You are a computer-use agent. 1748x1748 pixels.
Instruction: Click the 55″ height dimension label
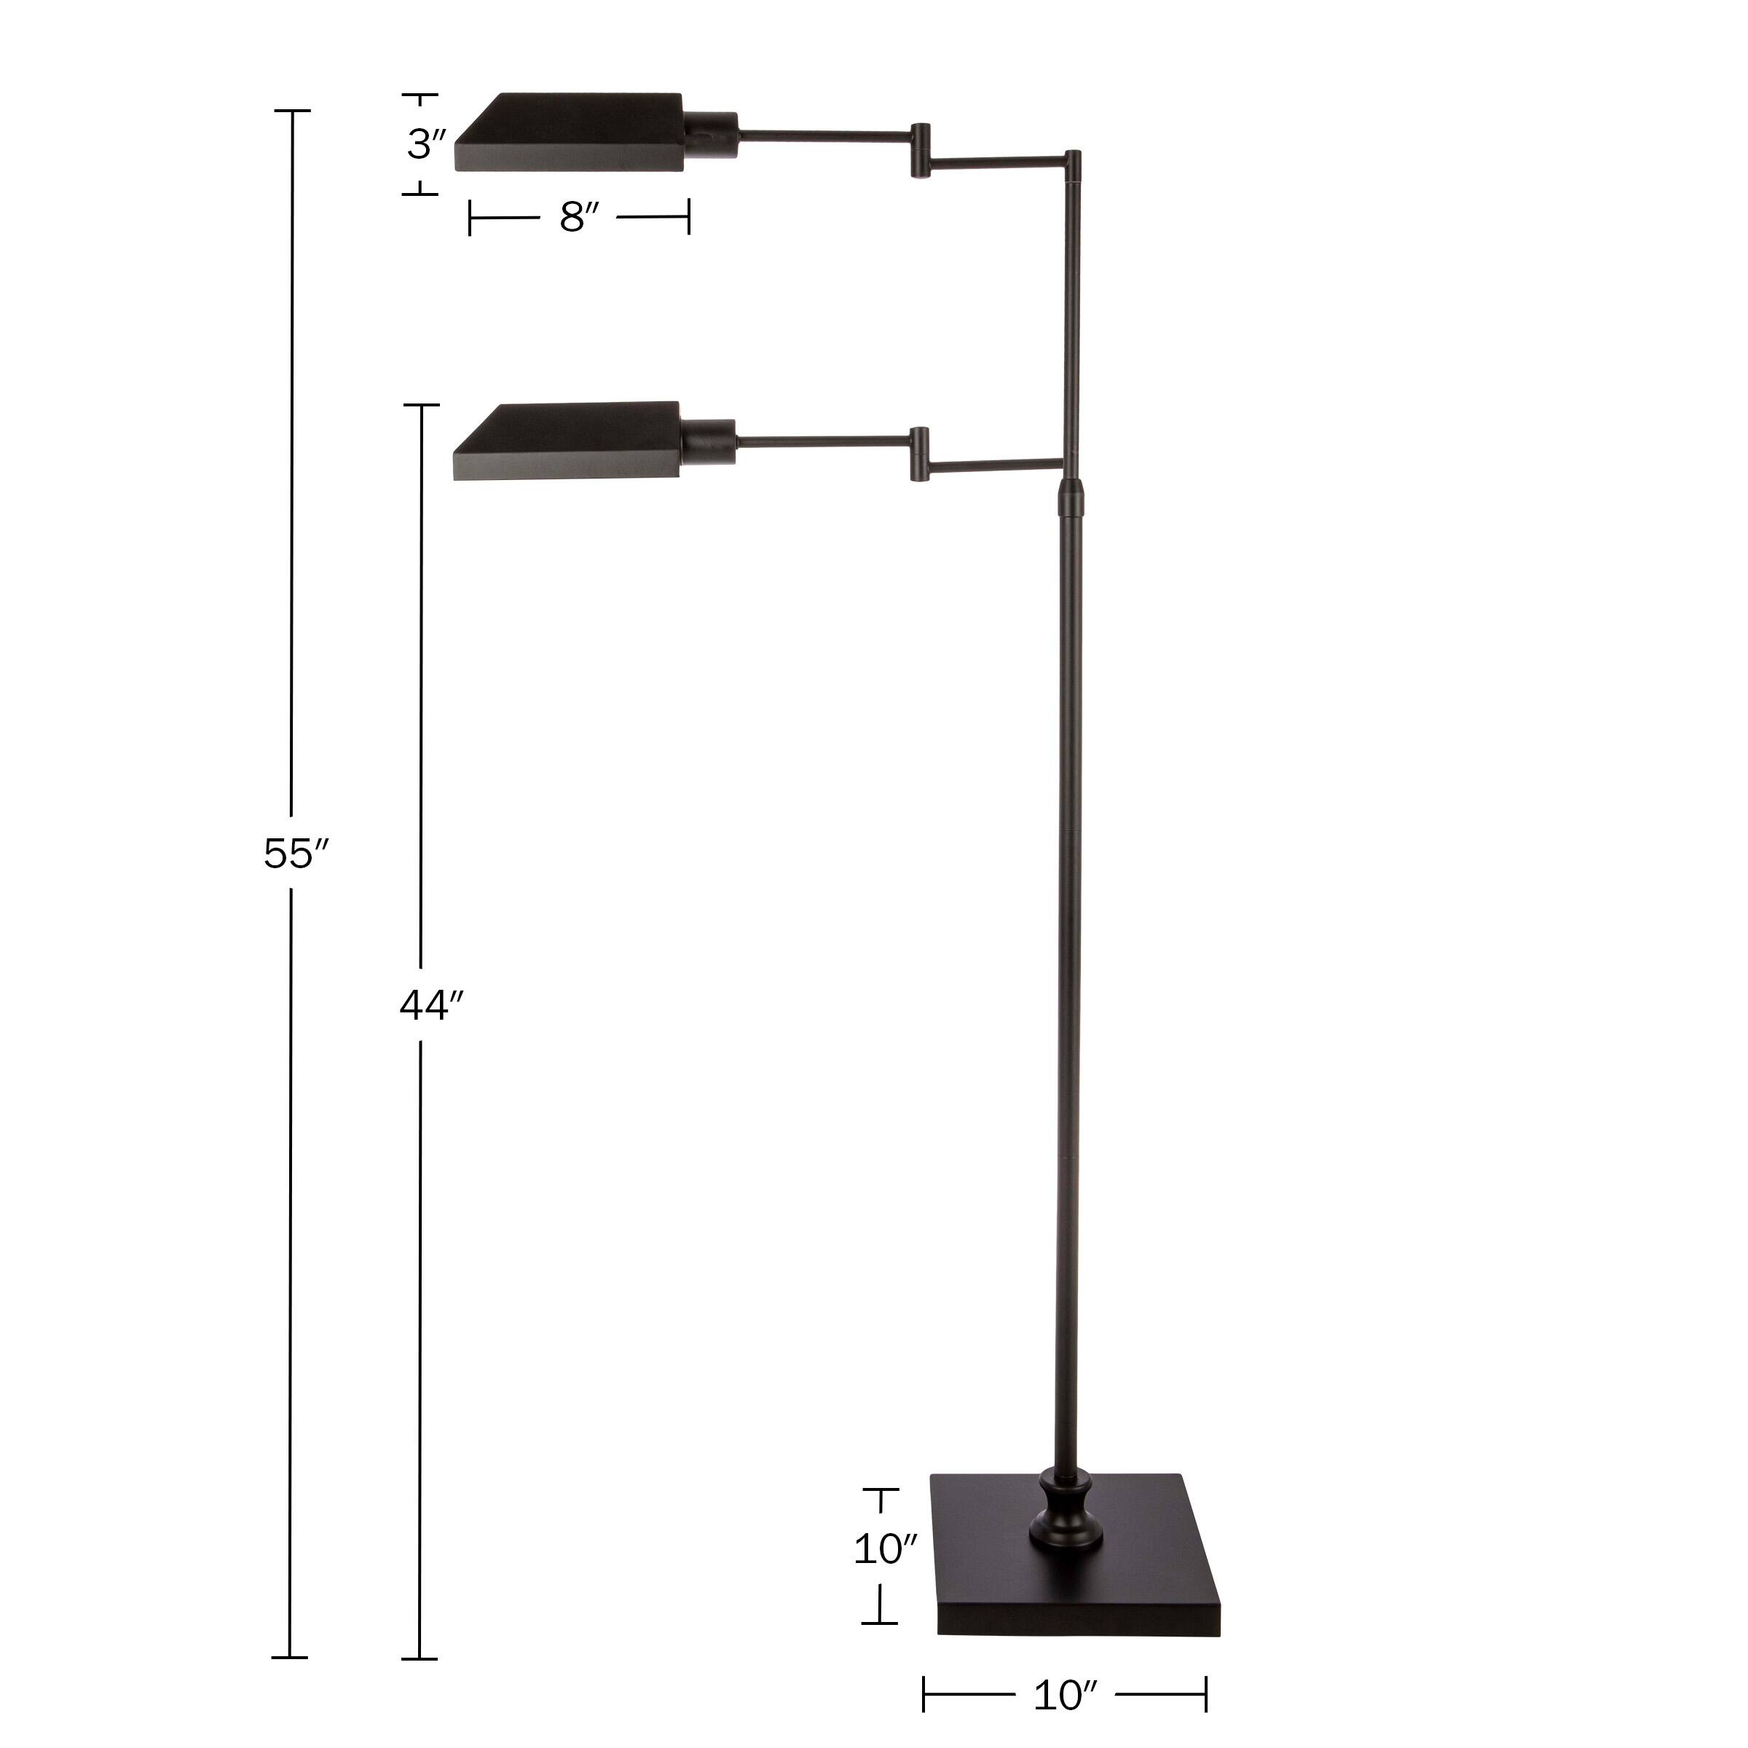295,853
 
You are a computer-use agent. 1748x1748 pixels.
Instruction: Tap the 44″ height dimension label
430,1005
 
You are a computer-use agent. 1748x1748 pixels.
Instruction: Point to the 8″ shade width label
579,217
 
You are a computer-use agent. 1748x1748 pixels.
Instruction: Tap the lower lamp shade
568,441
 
